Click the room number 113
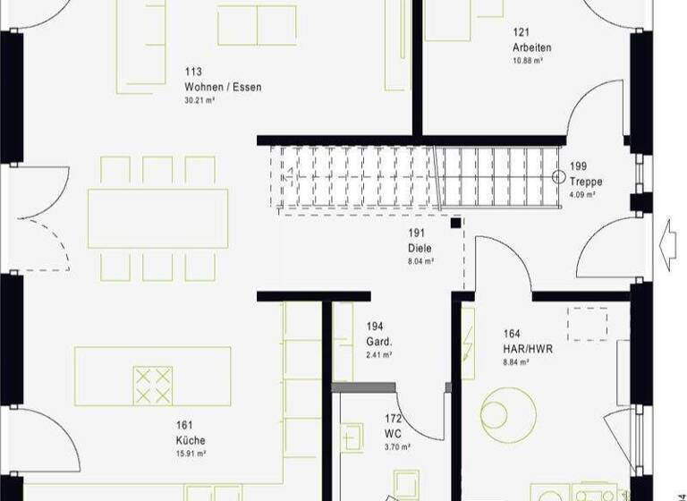(193, 72)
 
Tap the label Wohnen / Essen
(223, 87)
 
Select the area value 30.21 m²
(199, 100)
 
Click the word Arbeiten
(532, 47)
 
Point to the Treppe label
(586, 182)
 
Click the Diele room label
(420, 248)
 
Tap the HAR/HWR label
(529, 348)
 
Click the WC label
(393, 433)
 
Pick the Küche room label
(191, 440)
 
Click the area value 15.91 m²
(191, 454)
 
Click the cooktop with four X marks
(151, 385)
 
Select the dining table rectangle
(157, 218)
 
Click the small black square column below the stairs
(456, 222)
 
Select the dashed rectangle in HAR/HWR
(588, 323)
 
